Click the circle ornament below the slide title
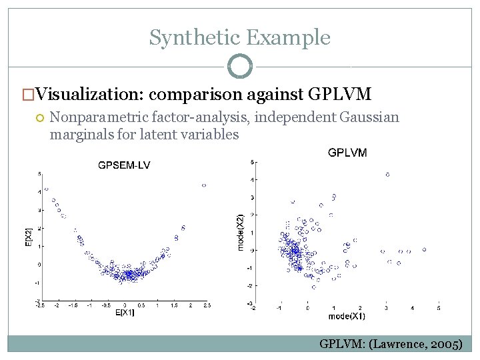240,67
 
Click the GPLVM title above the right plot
347,153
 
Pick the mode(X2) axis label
241,232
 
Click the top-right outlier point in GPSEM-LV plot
204,185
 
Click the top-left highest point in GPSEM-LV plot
46,189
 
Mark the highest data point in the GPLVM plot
387,175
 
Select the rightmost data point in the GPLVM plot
424,250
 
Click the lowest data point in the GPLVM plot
313,287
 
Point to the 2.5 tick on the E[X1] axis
207,305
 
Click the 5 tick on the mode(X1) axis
439,308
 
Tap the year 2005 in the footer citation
446,344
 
